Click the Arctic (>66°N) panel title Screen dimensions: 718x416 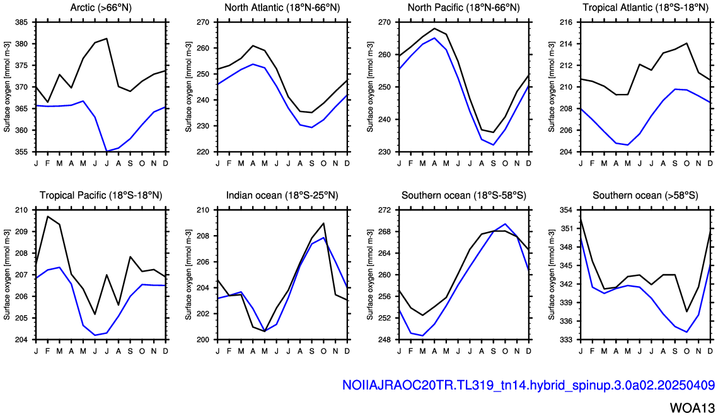[101, 8]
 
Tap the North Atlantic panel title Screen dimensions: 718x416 [282, 8]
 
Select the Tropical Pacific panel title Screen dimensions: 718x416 [101, 195]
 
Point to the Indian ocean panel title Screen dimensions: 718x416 [282, 195]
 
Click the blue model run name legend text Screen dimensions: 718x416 [528, 385]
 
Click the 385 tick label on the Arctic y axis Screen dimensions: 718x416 [21, 23]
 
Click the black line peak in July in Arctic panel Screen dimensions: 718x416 [107, 38]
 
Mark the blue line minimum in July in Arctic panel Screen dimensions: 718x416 [107, 151]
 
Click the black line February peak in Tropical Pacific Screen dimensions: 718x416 [48, 216]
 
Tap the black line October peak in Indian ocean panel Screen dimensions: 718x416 [324, 223]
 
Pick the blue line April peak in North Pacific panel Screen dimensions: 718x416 [434, 38]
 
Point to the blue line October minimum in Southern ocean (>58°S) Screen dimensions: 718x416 [687, 332]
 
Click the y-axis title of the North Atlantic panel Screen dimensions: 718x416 [188, 87]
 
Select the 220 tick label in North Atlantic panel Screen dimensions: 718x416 [203, 152]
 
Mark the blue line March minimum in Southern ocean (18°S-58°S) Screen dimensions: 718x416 [422, 335]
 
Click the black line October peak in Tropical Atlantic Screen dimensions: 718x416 [687, 43]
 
